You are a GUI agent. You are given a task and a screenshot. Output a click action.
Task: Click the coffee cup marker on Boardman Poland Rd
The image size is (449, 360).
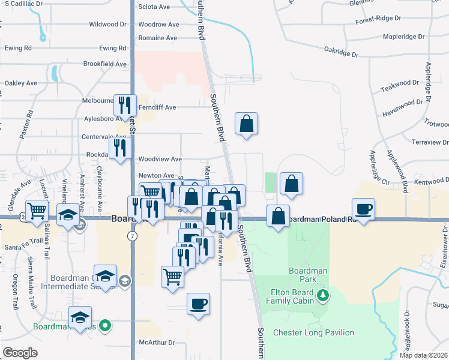[x=363, y=209]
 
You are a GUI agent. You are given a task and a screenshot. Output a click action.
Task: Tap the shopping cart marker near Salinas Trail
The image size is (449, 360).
[x=37, y=211]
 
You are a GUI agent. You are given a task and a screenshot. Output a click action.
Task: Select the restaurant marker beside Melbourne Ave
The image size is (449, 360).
[x=125, y=106]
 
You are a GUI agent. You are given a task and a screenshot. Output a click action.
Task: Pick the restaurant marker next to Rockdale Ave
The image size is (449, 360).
[x=121, y=148]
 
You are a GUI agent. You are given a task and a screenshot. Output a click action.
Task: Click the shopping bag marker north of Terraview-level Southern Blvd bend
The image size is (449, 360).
[x=246, y=124]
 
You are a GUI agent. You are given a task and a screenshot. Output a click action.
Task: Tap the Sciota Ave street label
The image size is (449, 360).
[x=154, y=7]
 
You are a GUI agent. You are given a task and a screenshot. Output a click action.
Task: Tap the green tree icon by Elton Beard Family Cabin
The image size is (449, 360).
[x=323, y=295]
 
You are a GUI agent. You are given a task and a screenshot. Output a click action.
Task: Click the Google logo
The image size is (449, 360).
[x=20, y=353]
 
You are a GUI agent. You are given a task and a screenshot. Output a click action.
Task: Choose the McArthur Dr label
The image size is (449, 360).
[x=156, y=343]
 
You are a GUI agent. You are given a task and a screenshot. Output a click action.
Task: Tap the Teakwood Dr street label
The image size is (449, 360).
[x=398, y=86]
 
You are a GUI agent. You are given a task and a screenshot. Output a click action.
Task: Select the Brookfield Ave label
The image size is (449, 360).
[x=105, y=64]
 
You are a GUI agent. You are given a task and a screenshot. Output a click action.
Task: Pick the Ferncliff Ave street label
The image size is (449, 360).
[x=157, y=107]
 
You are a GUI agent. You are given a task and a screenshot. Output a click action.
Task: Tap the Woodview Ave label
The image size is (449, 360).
[x=160, y=159]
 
